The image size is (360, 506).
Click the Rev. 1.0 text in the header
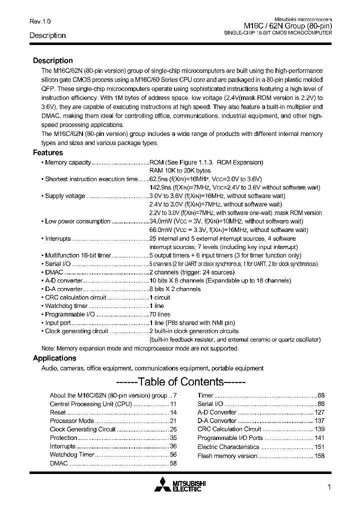coord(40,21)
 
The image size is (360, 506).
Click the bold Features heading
coord(48,153)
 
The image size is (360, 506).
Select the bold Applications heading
coord(54,358)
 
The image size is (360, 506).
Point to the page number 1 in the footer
coord(329,487)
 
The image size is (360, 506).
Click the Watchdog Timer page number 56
coord(173,455)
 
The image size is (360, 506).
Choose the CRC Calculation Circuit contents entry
coord(229,429)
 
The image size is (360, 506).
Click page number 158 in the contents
coord(319,456)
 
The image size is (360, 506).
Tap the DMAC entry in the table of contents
coord(58,463)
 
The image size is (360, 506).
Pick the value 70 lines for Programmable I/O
coord(160,314)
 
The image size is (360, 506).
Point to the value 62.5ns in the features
coord(159,179)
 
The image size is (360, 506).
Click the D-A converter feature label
coord(63,289)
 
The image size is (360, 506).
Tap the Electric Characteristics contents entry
coord(228,447)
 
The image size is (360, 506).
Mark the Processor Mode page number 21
coord(173,421)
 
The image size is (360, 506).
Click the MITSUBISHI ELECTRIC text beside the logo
coord(189,486)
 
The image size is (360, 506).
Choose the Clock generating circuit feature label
coord(76,331)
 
